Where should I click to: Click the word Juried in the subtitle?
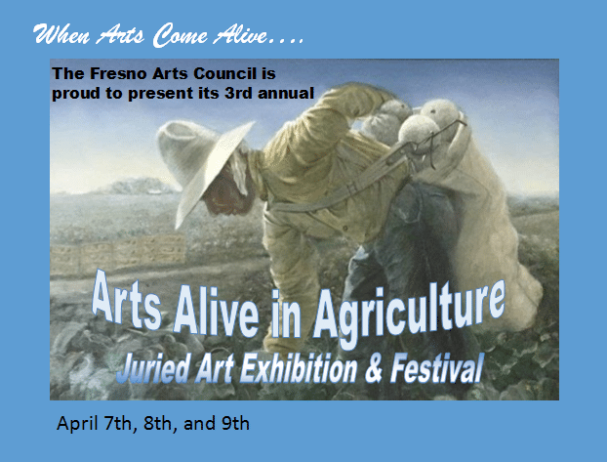click(x=153, y=367)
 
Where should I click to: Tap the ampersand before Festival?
click(x=374, y=367)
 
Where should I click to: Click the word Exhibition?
click(x=299, y=367)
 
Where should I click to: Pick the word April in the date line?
click(x=77, y=424)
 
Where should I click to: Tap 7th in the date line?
click(x=118, y=424)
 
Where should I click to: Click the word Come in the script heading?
click(x=180, y=36)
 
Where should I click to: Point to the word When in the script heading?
click(x=61, y=34)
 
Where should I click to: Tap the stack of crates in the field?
click(x=118, y=254)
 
